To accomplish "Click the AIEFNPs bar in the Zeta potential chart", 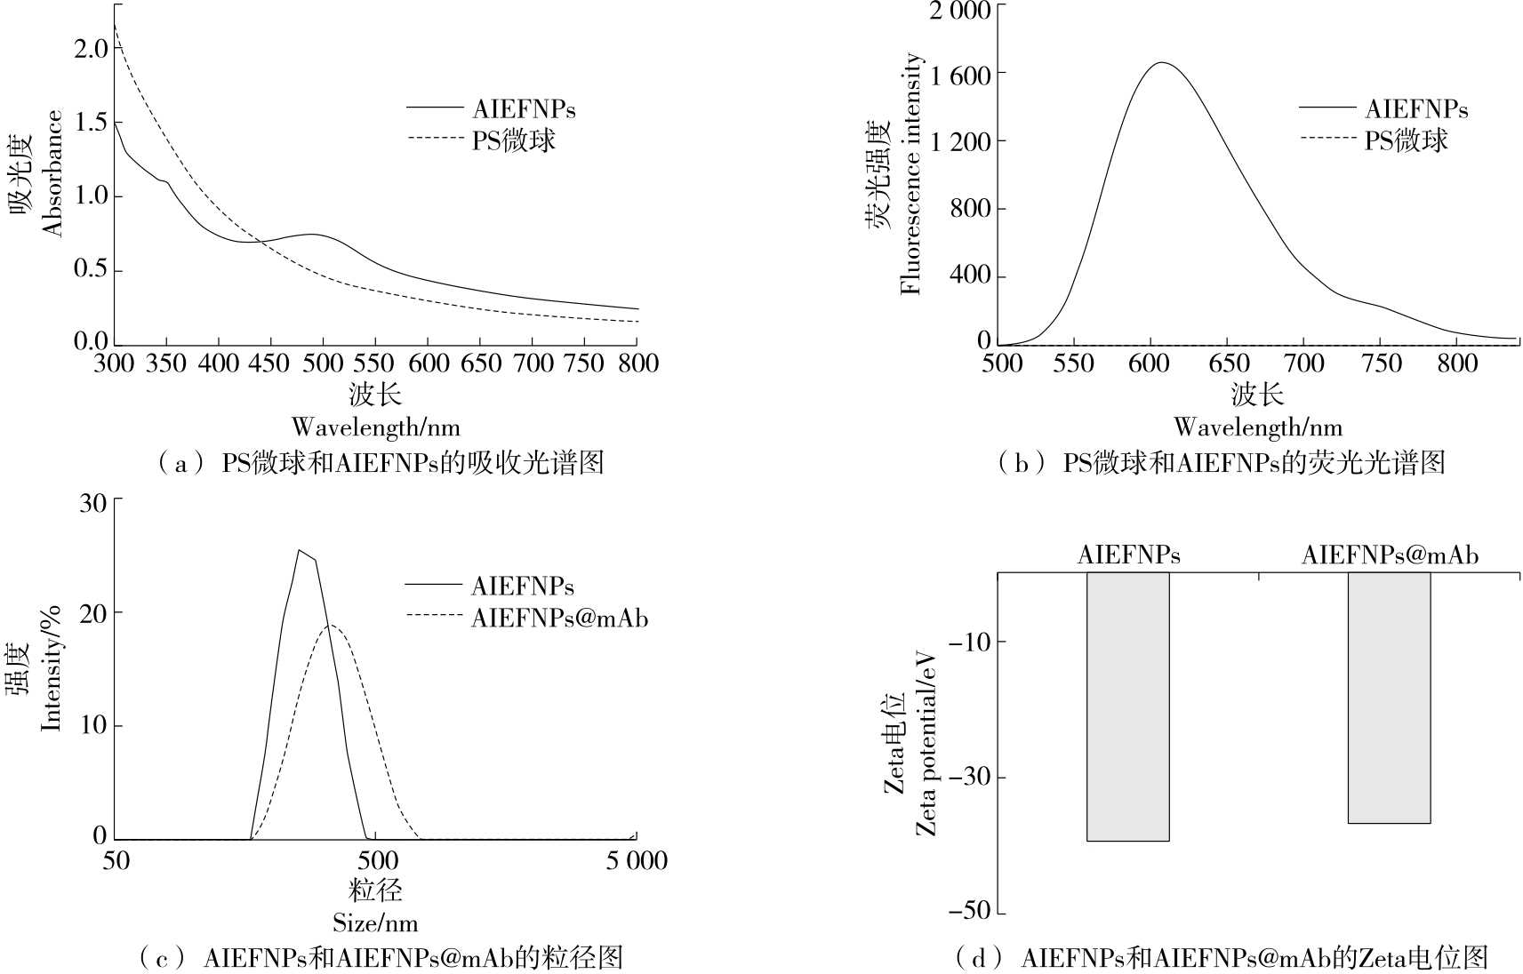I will pyautogui.click(x=1127, y=706).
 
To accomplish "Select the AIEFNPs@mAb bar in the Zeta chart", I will pyautogui.click(x=1389, y=697).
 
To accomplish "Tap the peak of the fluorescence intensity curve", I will pyautogui.click(x=1161, y=63).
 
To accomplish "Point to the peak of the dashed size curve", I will pyautogui.click(x=331, y=626).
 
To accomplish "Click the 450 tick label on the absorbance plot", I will pyautogui.click(x=270, y=363).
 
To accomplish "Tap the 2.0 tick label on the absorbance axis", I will pyautogui.click(x=90, y=48).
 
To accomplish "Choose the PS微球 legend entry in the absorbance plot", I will pyautogui.click(x=513, y=140).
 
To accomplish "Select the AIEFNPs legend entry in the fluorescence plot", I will pyautogui.click(x=1416, y=109).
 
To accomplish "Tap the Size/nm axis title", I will pyautogui.click(x=375, y=922).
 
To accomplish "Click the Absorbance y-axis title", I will pyautogui.click(x=52, y=173).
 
